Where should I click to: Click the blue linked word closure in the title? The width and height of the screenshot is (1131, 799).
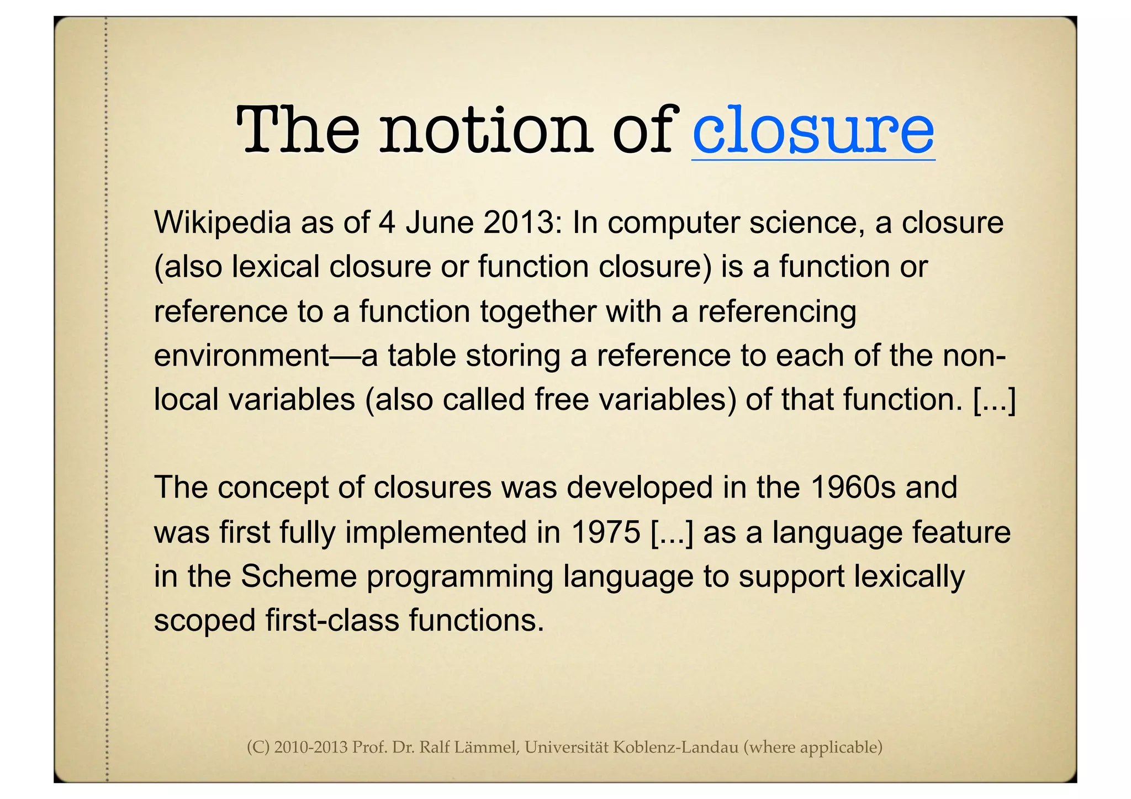813,131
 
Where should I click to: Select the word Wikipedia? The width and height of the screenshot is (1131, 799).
223,223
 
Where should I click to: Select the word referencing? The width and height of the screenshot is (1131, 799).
777,311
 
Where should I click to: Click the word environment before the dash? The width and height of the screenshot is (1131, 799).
242,356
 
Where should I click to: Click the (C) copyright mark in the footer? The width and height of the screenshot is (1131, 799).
257,748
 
